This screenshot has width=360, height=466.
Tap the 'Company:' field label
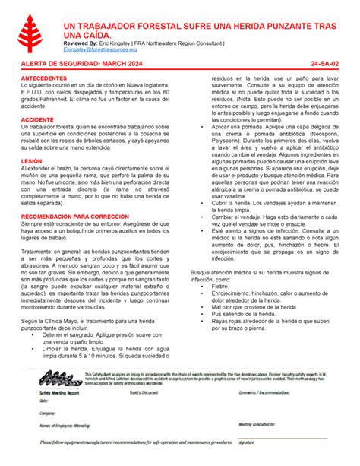point(48,413)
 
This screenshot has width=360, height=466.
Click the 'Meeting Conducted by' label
point(257,425)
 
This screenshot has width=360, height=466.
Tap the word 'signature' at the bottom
point(246,442)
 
